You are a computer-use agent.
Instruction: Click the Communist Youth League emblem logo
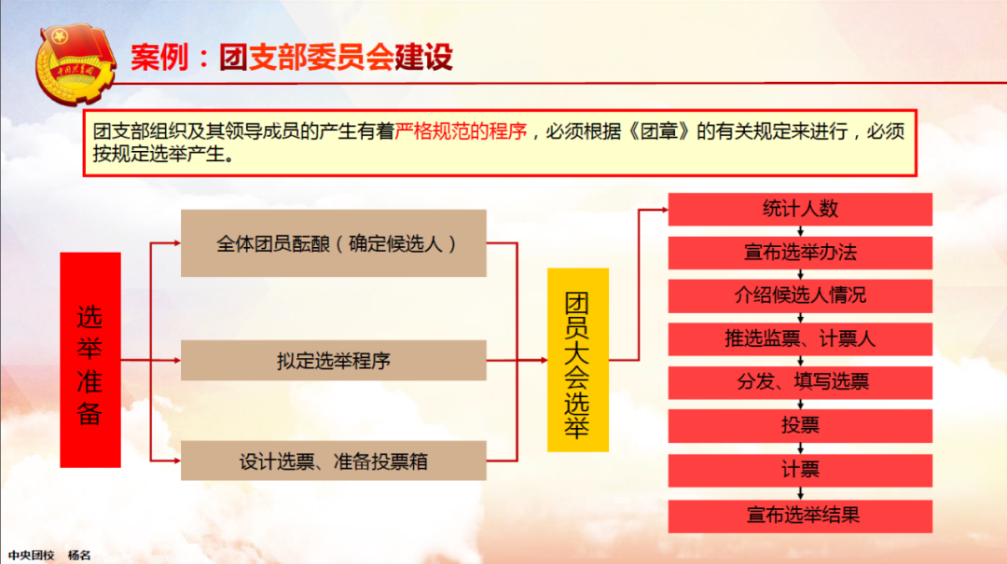[76, 63]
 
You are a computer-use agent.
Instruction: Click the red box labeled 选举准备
[90, 360]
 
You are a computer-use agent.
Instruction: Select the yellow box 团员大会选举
[578, 360]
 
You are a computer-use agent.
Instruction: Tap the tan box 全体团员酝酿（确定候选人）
[333, 243]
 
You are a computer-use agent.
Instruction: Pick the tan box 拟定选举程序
[333, 361]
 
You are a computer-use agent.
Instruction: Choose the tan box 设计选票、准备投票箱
[333, 461]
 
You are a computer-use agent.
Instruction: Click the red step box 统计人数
[800, 209]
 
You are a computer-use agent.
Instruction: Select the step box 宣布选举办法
[800, 253]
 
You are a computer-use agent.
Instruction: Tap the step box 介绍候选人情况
[800, 296]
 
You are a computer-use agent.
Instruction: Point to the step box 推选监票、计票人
[800, 338]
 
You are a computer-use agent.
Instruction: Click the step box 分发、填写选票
[800, 382]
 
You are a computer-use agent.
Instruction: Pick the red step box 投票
[800, 425]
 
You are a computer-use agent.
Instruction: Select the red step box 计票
[800, 470]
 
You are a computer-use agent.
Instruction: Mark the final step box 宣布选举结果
[800, 516]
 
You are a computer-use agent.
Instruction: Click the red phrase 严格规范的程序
[461, 131]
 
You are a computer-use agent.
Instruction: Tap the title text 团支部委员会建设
[336, 57]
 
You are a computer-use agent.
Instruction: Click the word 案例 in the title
[160, 57]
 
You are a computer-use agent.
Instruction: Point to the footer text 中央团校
[32, 555]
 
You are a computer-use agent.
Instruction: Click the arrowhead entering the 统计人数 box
[664, 210]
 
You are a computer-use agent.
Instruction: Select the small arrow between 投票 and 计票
[800, 448]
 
